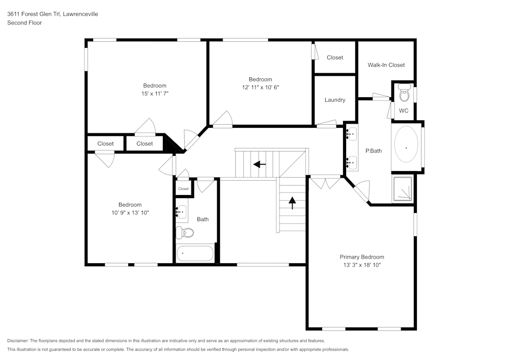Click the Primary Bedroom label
tap(362, 257)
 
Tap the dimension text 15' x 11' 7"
tap(155, 94)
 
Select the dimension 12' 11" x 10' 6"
tap(260, 87)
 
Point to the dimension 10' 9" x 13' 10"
tap(130, 213)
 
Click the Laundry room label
tap(335, 100)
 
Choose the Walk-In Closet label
tap(386, 65)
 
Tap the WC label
tap(404, 110)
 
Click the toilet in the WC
tap(405, 93)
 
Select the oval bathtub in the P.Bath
tap(406, 148)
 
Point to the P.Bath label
tap(374, 151)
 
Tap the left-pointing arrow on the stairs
tap(259, 164)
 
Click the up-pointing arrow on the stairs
tap(292, 203)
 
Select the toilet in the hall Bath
tap(186, 233)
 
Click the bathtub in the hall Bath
tap(195, 253)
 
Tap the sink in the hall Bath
tap(182, 212)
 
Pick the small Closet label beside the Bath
tap(183, 189)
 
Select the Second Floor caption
tap(24, 23)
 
